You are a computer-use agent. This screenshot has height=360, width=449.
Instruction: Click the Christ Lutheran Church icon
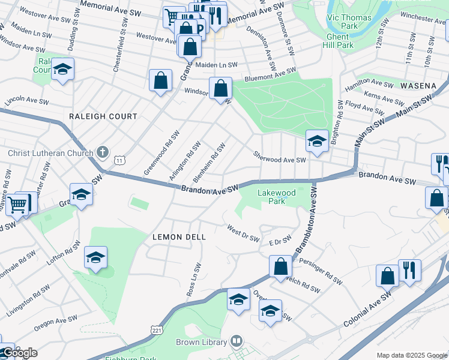click(x=103, y=152)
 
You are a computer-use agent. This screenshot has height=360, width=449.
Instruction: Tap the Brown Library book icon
click(x=236, y=342)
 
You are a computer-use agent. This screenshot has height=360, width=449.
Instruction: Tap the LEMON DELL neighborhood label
click(x=179, y=237)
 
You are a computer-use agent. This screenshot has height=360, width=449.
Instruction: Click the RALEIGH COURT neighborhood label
click(x=103, y=116)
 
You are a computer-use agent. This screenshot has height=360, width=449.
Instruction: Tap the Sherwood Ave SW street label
click(x=279, y=157)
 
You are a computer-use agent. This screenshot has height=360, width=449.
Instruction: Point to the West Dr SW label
click(x=243, y=233)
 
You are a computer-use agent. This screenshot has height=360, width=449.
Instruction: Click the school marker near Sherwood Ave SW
click(x=316, y=142)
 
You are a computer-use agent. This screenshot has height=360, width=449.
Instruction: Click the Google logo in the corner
click(x=19, y=353)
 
